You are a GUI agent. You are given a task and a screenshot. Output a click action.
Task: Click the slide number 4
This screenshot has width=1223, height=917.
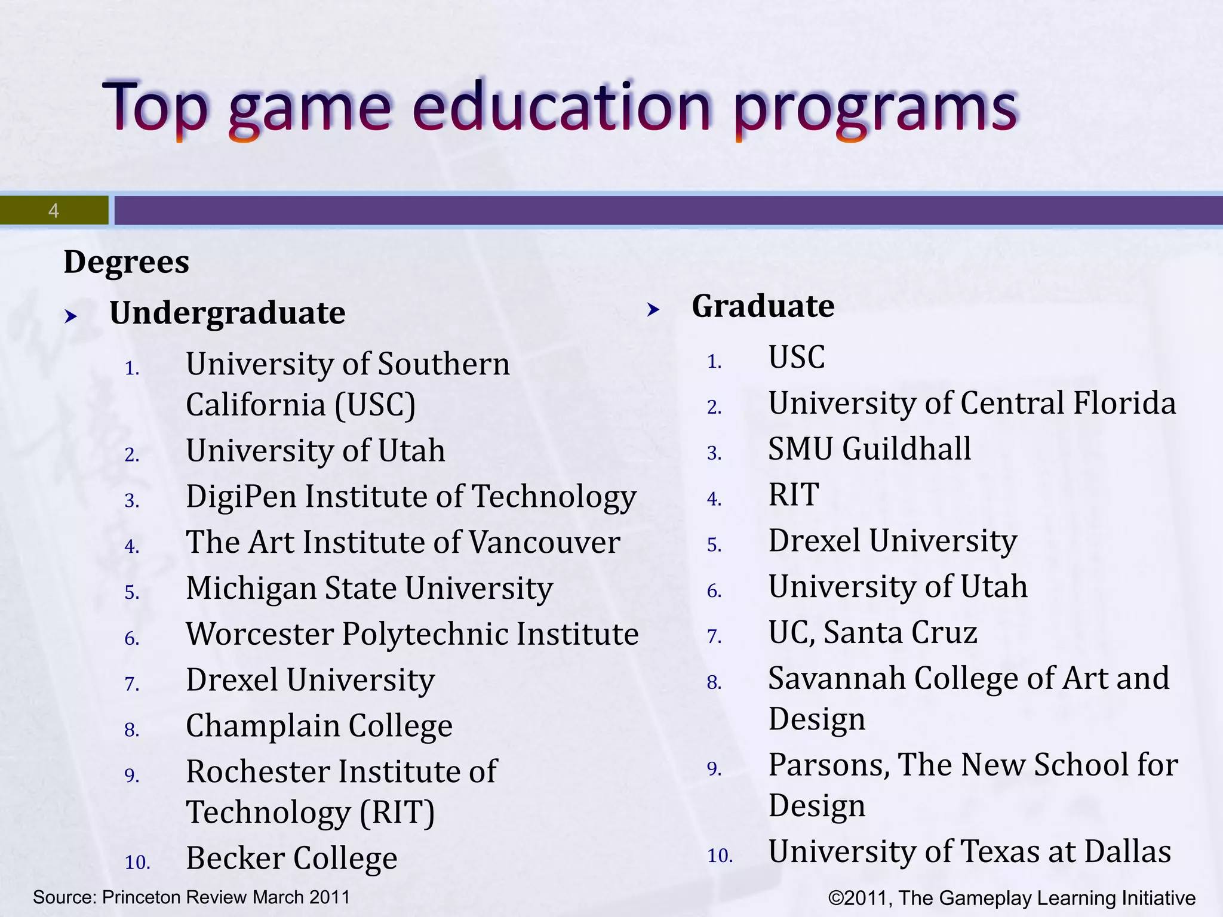[54, 211]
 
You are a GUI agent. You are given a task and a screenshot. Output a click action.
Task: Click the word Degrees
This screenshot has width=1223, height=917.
[126, 263]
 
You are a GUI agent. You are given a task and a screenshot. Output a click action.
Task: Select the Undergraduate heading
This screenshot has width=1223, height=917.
[227, 313]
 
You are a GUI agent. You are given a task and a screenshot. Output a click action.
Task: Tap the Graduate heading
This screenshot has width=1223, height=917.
[763, 307]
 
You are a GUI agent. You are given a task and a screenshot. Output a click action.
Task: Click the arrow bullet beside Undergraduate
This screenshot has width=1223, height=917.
[71, 316]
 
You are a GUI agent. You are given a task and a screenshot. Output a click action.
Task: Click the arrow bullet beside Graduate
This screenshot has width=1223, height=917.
[654, 309]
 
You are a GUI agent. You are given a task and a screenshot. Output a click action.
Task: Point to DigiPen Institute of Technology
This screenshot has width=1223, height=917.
[411, 497]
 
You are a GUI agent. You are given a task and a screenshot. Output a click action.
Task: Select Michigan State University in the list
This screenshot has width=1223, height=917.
[369, 589]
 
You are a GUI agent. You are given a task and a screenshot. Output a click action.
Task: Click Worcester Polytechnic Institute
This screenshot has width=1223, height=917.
[412, 634]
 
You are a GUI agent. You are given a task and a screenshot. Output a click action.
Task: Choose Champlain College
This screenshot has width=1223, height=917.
[319, 727]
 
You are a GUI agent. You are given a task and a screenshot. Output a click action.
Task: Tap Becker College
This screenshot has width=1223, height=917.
[291, 858]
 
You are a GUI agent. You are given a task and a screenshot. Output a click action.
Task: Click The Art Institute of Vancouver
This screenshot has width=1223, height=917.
[402, 543]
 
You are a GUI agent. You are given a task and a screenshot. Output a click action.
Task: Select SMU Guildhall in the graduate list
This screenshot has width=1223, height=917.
[869, 449]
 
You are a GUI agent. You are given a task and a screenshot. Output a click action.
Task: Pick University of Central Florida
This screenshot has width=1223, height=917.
[972, 404]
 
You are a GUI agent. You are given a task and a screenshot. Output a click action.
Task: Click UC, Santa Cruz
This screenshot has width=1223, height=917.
[872, 633]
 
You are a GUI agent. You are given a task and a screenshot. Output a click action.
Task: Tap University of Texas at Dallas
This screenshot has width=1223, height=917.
[969, 852]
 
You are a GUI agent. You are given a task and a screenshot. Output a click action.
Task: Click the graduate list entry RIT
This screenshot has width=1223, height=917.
[793, 495]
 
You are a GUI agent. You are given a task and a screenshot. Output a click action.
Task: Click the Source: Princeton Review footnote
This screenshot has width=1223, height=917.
[191, 897]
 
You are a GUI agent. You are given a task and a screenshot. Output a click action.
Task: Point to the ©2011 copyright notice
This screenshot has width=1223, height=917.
[1012, 898]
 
